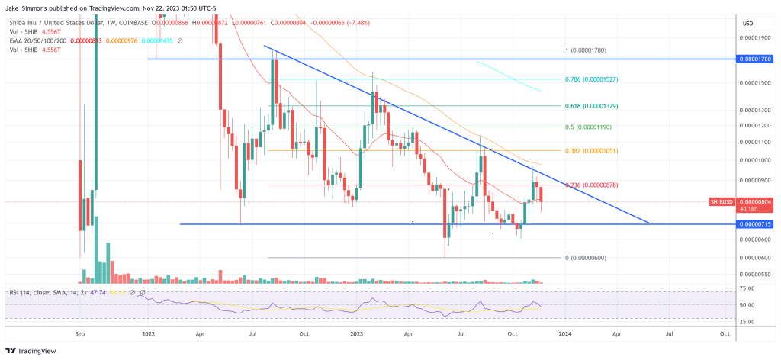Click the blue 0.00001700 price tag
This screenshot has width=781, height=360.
[x=755, y=58]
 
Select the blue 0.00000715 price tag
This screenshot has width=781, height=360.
[x=755, y=223]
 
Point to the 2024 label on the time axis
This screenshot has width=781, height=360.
[x=564, y=333]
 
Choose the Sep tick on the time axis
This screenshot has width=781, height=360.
[x=82, y=333]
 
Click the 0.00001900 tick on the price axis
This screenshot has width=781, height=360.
[x=755, y=36]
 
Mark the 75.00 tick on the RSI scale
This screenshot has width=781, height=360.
[x=748, y=288]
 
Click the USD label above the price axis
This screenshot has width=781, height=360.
[x=747, y=23]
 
